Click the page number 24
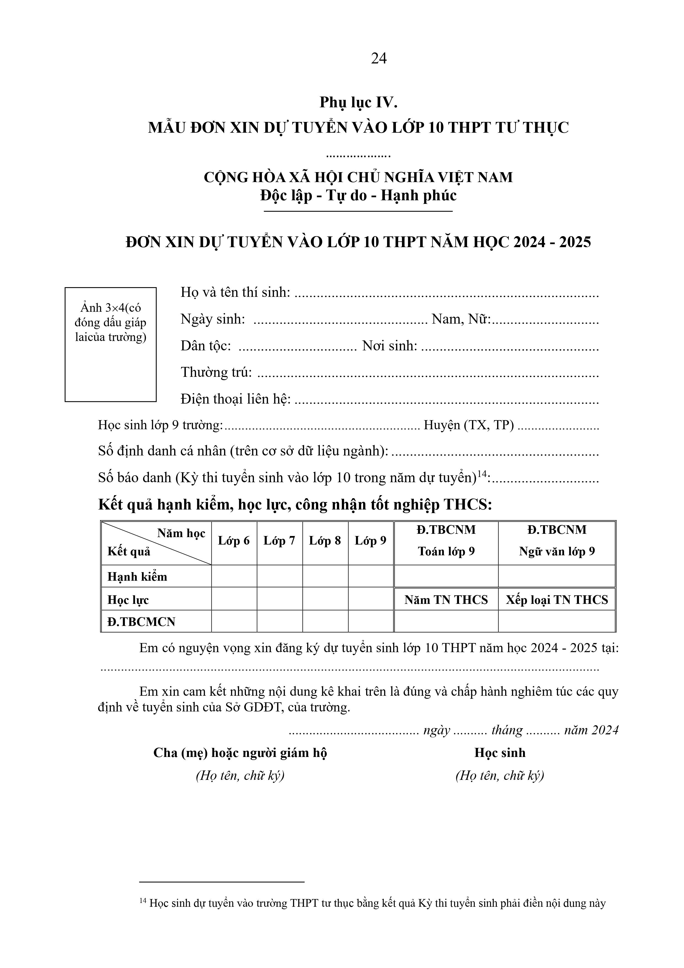(x=379, y=58)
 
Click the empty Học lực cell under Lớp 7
(x=279, y=599)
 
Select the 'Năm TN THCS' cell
(x=446, y=599)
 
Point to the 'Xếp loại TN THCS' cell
(x=557, y=599)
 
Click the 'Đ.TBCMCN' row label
(x=141, y=622)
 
